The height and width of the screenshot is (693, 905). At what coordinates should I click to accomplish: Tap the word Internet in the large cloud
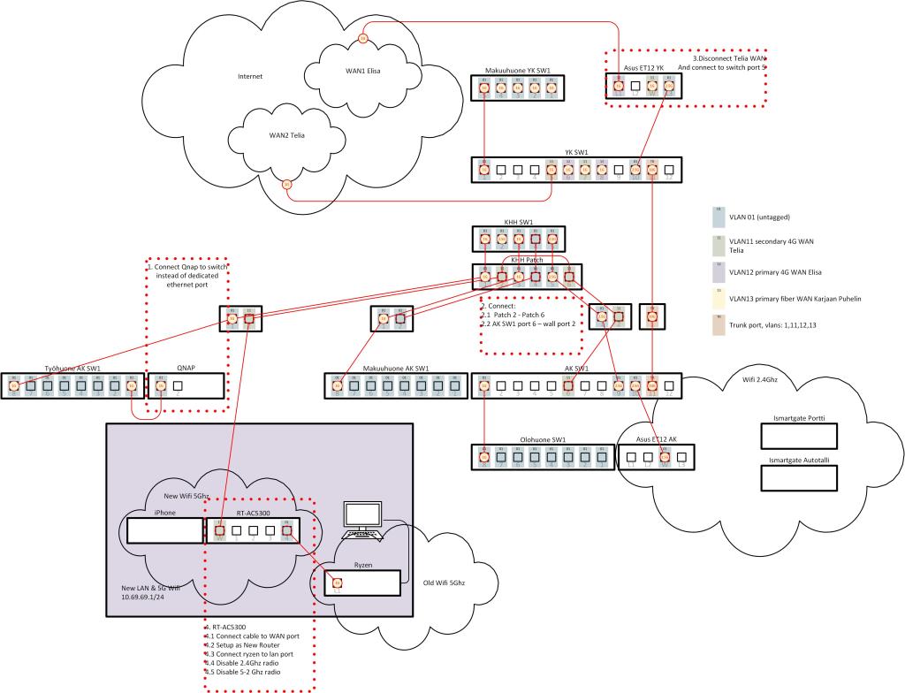click(x=250, y=76)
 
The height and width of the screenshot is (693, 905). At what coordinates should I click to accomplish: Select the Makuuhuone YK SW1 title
click(x=518, y=70)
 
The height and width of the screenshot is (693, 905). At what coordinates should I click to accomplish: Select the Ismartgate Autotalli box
click(x=805, y=476)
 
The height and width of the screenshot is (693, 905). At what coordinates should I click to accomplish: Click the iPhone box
click(x=165, y=530)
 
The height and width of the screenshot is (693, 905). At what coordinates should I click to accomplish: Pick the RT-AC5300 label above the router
click(x=256, y=512)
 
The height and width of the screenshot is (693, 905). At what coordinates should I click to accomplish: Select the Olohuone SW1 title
click(x=544, y=439)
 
